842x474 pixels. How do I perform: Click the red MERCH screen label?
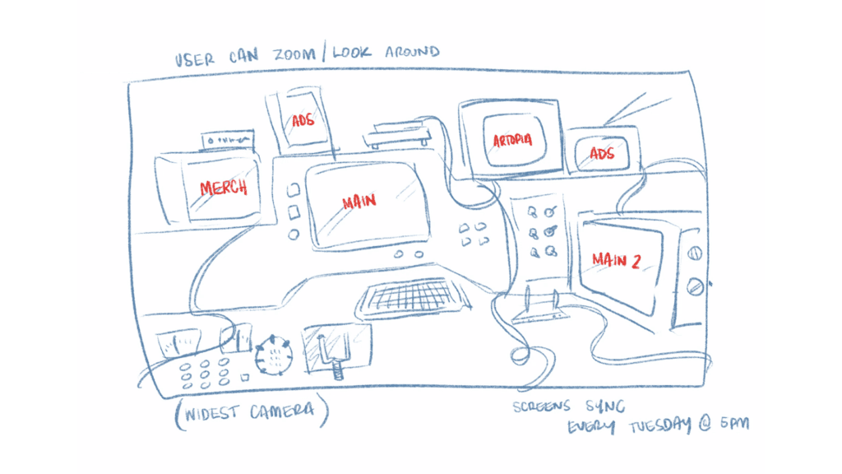[224, 188]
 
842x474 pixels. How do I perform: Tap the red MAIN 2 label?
[616, 260]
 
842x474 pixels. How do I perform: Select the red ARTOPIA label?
[513, 140]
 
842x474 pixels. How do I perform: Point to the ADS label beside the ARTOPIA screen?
[601, 154]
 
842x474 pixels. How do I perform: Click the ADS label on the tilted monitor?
[303, 120]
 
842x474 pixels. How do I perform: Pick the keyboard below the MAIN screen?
[413, 297]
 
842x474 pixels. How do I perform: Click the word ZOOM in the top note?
[294, 54]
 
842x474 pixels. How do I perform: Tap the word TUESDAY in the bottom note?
[660, 426]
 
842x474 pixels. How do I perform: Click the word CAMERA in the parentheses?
[282, 411]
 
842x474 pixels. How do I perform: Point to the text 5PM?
[734, 424]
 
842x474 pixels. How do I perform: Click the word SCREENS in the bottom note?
[541, 407]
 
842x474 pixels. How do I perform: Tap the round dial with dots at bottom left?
[274, 355]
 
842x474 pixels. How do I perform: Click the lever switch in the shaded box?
[335, 354]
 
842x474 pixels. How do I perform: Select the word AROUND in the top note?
[413, 52]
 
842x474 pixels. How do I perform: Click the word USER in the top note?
[194, 59]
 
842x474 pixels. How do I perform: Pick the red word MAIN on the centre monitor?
[359, 202]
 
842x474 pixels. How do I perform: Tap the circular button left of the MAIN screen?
[294, 235]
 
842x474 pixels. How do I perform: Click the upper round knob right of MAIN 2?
[694, 253]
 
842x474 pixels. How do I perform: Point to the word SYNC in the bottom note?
[605, 406]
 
